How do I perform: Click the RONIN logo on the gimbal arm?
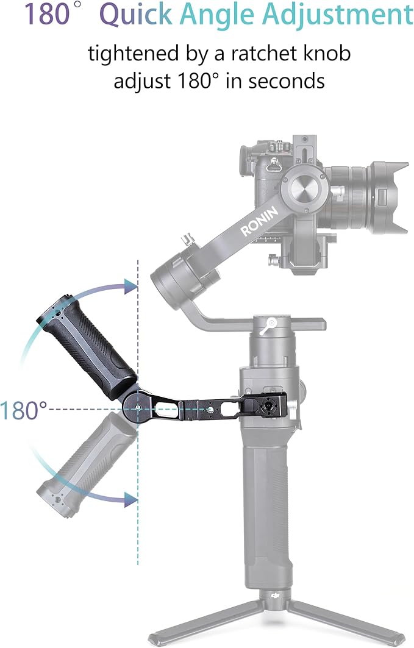(x=259, y=221)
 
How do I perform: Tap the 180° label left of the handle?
(x=24, y=410)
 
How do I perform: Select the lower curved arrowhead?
(x=130, y=499)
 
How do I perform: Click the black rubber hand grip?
(x=86, y=345)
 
